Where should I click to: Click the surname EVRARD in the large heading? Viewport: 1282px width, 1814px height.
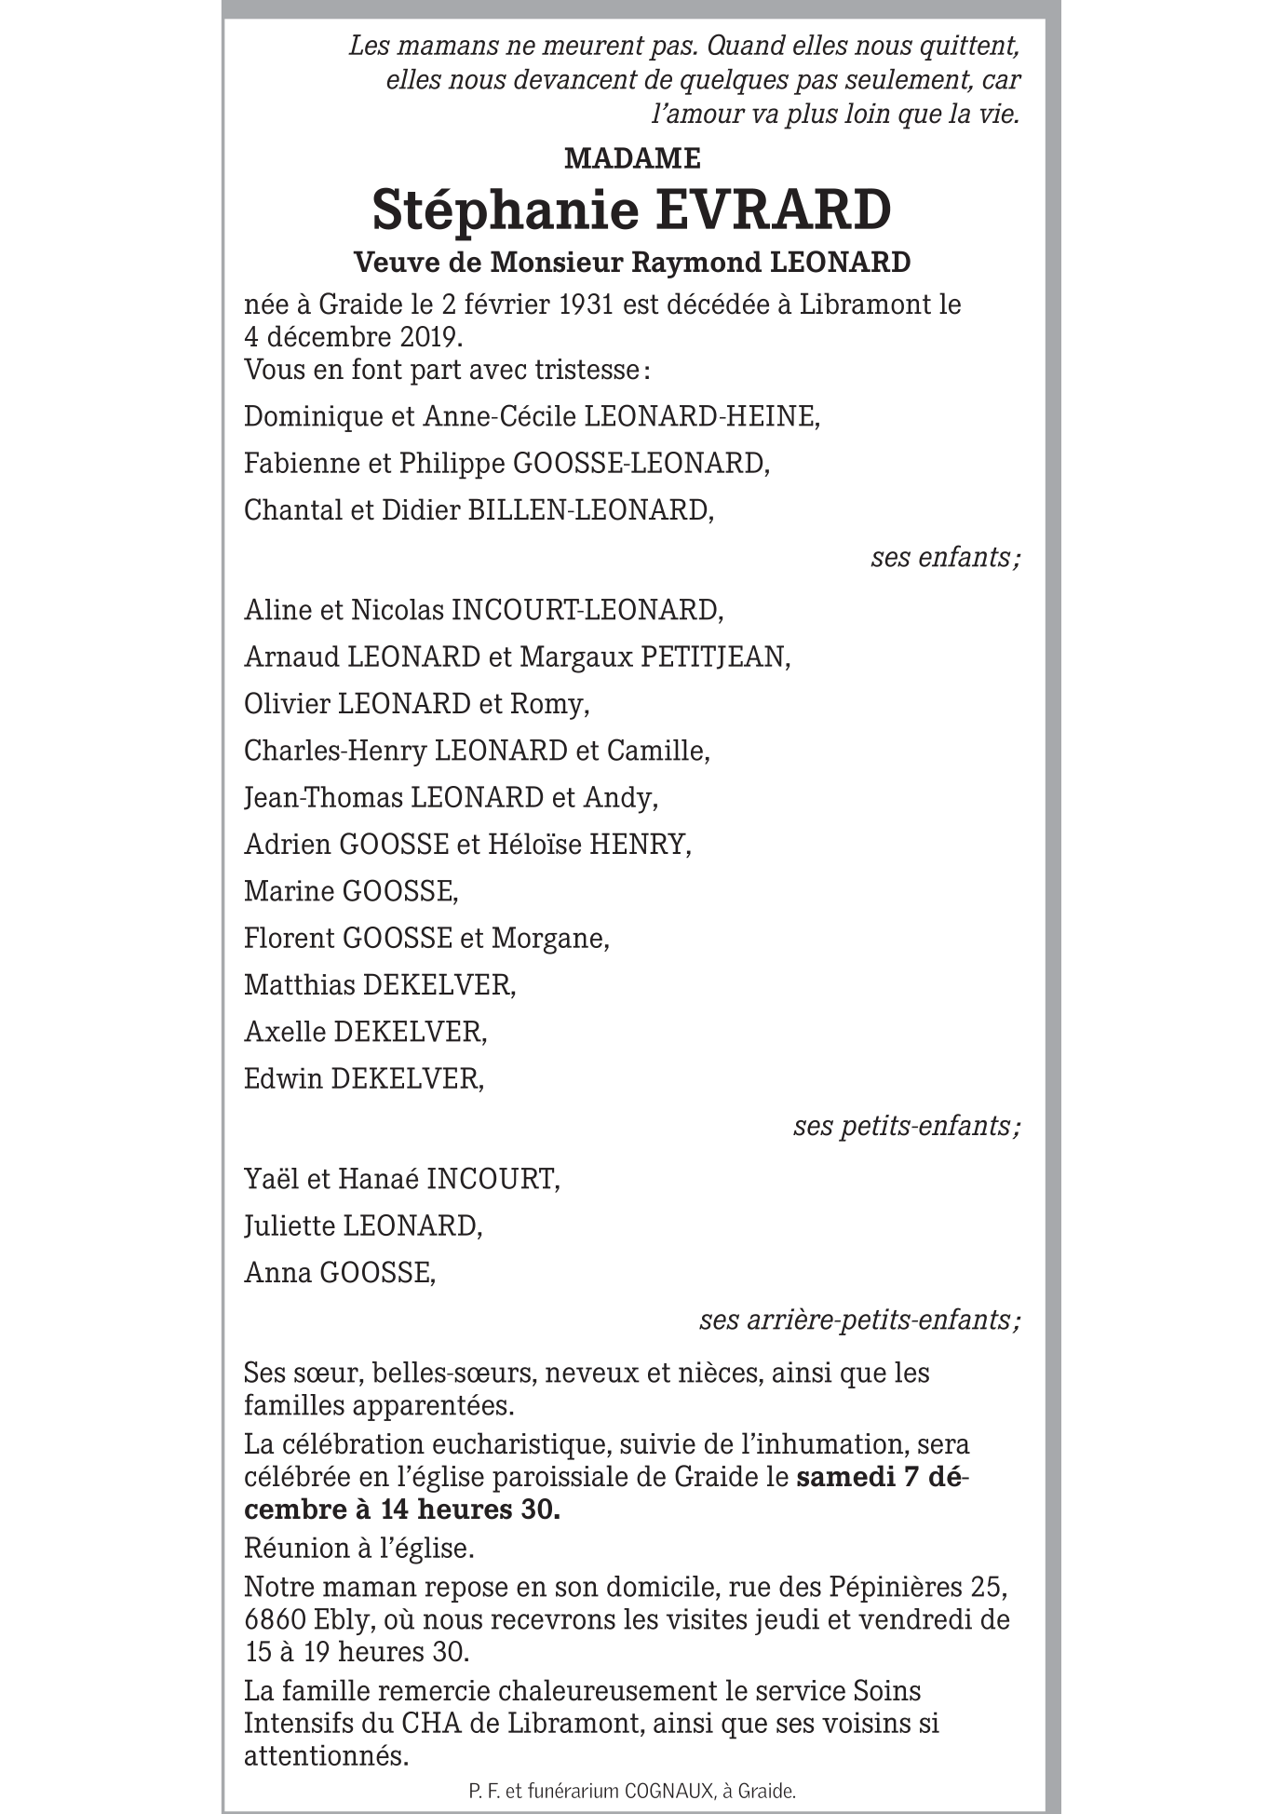pyautogui.click(x=773, y=210)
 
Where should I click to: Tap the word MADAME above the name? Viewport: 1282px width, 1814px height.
pyautogui.click(x=632, y=159)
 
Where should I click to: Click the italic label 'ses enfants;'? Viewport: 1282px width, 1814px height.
pyautogui.click(x=945, y=557)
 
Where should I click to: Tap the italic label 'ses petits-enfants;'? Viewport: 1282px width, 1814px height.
pyautogui.click(x=907, y=1126)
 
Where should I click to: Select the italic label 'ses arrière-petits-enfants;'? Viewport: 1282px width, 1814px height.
pyautogui.click(x=859, y=1320)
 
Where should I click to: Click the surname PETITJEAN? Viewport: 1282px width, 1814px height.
pyautogui.click(x=715, y=657)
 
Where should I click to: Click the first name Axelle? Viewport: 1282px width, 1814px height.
pyautogui.click(x=285, y=1031)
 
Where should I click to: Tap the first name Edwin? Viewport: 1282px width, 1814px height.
pyautogui.click(x=283, y=1078)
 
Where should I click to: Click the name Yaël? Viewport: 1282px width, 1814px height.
pyautogui.click(x=270, y=1179)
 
